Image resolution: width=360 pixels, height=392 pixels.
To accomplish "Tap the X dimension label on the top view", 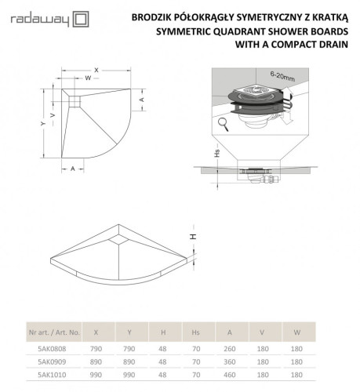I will click(x=96, y=69).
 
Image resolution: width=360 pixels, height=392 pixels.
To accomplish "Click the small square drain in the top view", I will click(x=75, y=99).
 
